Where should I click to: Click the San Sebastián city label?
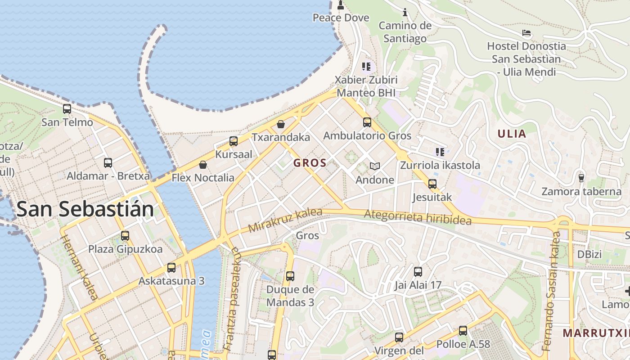[85, 210]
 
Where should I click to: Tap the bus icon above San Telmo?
[67, 109]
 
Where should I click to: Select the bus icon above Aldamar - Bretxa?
[108, 163]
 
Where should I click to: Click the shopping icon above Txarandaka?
[281, 124]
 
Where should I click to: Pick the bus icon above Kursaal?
[234, 141]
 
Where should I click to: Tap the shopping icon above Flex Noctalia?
[203, 165]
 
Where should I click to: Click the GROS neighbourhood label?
[310, 163]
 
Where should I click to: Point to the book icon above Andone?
[375, 166]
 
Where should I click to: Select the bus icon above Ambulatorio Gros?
[367, 122]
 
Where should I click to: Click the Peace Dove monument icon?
[341, 5]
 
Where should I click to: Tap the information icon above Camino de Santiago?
[405, 12]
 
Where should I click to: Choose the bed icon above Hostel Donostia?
[526, 33]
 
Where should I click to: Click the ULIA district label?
[512, 134]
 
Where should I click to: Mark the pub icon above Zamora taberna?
[581, 178]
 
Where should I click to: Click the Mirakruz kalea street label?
[285, 220]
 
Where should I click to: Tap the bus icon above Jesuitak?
[432, 184]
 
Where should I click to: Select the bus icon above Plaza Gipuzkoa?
[125, 236]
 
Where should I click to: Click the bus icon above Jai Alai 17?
[418, 272]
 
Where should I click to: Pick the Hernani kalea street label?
[79, 267]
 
